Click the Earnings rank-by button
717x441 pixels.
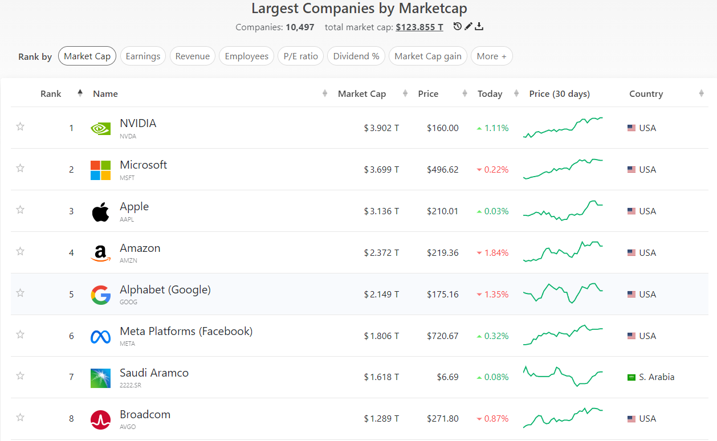click(142, 56)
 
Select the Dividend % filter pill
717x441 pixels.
click(356, 56)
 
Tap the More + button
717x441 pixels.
click(492, 56)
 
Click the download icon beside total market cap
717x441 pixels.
click(479, 26)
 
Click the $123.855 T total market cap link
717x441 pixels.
click(419, 27)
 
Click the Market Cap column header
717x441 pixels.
click(362, 94)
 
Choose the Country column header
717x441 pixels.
click(646, 94)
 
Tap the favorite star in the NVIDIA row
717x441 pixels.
click(20, 126)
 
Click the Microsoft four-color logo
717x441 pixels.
click(100, 170)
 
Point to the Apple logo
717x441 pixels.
click(100, 211)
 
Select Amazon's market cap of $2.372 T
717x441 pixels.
click(381, 253)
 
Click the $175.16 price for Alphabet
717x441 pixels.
click(442, 295)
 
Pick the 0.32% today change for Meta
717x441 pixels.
click(496, 336)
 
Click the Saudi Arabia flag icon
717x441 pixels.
click(631, 377)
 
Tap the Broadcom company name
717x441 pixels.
click(145, 414)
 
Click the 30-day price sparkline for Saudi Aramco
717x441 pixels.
click(563, 377)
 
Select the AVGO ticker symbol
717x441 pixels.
click(128, 427)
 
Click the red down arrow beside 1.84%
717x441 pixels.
click(479, 253)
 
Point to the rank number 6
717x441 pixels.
click(71, 336)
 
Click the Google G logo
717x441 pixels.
click(100, 295)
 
